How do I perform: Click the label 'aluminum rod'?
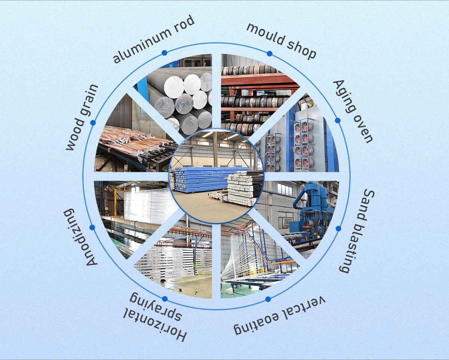pyautogui.click(x=154, y=40)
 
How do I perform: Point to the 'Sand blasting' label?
pyautogui.click(x=357, y=231)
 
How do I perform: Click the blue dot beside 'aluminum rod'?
pyautogui.click(x=164, y=53)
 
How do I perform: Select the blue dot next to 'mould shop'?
pyautogui.click(x=269, y=53)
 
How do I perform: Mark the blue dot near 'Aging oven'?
pyautogui.click(x=337, y=120)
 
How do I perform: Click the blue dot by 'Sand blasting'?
pyautogui.click(x=338, y=228)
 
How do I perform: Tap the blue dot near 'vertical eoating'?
pyautogui.click(x=268, y=299)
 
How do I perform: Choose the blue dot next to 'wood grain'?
pyautogui.click(x=93, y=123)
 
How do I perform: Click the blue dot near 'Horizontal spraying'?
pyautogui.click(x=165, y=299)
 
